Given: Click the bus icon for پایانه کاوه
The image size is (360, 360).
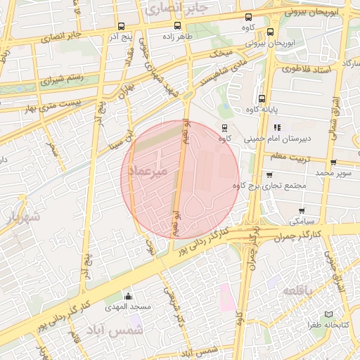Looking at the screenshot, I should pos(262,99).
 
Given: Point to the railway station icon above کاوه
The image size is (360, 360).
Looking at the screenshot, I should pos(224,127).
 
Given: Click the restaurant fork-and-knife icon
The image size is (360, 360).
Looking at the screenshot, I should pos(277,127).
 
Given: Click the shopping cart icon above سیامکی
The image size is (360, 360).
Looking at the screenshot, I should pos(302,210).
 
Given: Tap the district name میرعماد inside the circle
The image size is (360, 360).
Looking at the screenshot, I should pos(152,171).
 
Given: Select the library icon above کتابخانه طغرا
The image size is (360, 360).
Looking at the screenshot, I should pos(328,314).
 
